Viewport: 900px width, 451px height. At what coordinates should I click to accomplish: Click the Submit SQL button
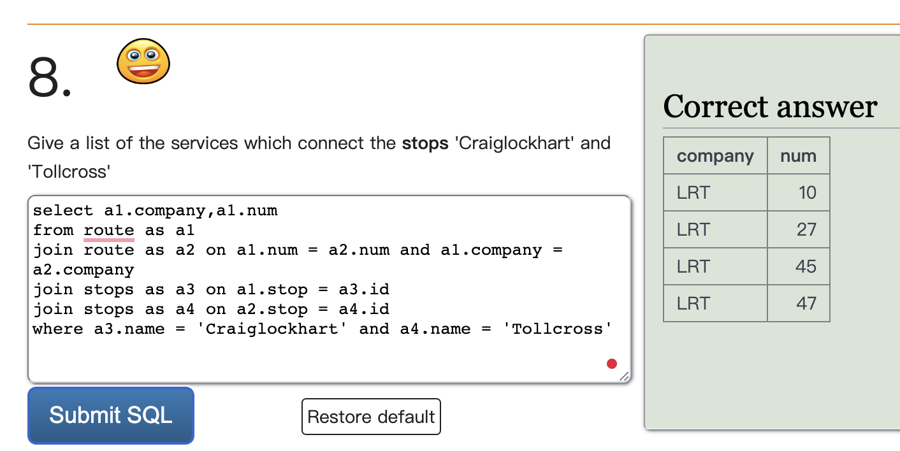pyautogui.click(x=111, y=415)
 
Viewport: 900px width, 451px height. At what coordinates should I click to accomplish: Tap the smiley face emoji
pyautogui.click(x=143, y=61)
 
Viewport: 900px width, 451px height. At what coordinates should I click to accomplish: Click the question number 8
pyautogui.click(x=50, y=77)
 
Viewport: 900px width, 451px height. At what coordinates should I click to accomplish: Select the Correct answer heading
pyautogui.click(x=770, y=106)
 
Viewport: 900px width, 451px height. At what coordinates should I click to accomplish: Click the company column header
pyautogui.click(x=715, y=156)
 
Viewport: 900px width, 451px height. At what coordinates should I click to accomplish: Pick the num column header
pyautogui.click(x=798, y=156)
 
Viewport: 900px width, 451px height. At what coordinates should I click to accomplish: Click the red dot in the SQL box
pyautogui.click(x=612, y=364)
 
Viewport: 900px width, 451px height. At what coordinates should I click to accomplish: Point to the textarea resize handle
pyautogui.click(x=624, y=376)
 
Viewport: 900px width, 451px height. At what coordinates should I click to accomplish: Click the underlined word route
pyautogui.click(x=109, y=230)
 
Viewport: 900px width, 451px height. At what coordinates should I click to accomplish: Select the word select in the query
pyautogui.click(x=58, y=210)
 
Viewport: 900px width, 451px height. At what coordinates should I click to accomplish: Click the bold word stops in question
pyautogui.click(x=425, y=143)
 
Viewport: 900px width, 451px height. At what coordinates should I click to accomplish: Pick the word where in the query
pyautogui.click(x=58, y=329)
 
